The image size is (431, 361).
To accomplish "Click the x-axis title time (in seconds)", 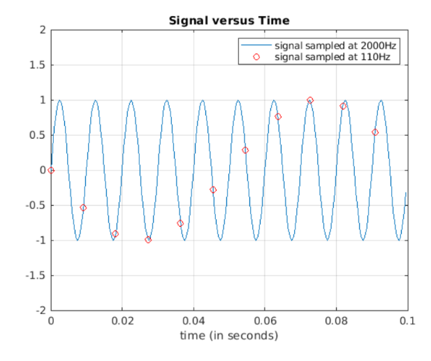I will [x=229, y=335].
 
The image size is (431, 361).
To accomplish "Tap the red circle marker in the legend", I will [x=256, y=57].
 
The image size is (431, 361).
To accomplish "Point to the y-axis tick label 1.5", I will [x=38, y=65].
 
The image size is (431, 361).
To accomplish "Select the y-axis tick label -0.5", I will [x=36, y=205].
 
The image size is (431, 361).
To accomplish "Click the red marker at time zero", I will [x=51, y=170].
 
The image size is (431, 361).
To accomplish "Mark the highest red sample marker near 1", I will [x=310, y=100].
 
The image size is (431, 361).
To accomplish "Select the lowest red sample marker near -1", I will [x=148, y=240].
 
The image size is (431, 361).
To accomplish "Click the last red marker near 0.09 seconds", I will [x=375, y=132].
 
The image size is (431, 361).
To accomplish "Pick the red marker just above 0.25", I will [x=245, y=150].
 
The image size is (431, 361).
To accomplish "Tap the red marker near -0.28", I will [x=213, y=190].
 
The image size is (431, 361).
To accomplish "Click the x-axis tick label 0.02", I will [x=122, y=320].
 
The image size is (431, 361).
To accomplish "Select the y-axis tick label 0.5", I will [x=38, y=135].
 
